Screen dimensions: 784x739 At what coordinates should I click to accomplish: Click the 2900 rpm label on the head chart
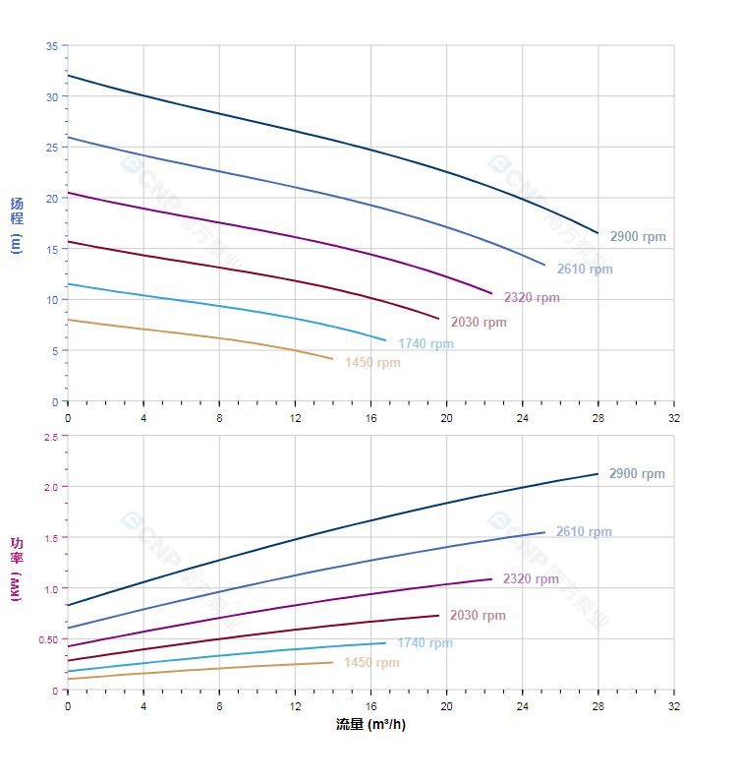pos(637,237)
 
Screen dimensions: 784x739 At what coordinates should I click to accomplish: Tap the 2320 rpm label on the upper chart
pos(532,297)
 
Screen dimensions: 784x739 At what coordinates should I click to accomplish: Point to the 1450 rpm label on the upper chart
pos(372,362)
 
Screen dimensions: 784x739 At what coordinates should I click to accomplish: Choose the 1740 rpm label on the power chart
pos(425,642)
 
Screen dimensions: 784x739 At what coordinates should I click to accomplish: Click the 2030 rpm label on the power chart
pos(478,616)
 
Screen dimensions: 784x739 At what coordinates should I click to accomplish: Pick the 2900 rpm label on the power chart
pos(637,474)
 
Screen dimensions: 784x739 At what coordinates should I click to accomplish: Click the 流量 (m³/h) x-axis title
pos(370,725)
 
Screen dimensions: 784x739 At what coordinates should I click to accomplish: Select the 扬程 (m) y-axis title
pos(17,224)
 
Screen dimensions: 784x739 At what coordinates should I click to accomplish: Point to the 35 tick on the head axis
pos(51,45)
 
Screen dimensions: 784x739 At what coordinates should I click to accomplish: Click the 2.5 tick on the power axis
pos(50,436)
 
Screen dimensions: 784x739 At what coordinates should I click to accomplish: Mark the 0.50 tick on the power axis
pos(48,639)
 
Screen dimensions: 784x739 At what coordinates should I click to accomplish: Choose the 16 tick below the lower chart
pos(370,705)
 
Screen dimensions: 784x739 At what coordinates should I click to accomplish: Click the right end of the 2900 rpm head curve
pos(597,233)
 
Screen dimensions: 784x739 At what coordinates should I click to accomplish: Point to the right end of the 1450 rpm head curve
pos(333,359)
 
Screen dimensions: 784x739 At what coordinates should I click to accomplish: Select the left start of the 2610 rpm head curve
pos(68,138)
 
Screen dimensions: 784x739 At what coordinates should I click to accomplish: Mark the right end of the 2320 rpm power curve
pos(491,578)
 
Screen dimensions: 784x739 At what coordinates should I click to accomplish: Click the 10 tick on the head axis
pos(51,299)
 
